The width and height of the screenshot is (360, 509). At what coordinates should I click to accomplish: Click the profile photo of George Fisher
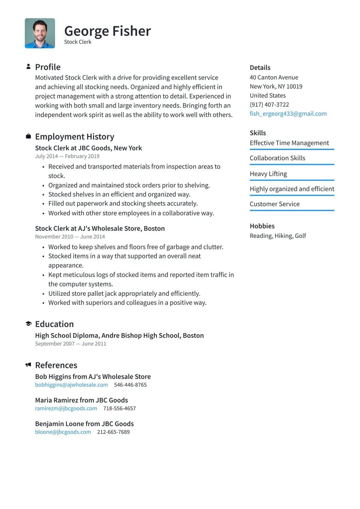[x=40, y=33]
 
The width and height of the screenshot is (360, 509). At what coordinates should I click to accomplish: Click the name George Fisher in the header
[x=107, y=31]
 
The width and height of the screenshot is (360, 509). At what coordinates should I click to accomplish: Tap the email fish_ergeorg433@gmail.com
[x=288, y=114]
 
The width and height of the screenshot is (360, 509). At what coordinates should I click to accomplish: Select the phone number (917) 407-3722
[x=269, y=105]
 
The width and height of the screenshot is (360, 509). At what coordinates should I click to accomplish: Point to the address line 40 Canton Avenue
[x=274, y=78]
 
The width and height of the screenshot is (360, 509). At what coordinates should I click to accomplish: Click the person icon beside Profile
[x=28, y=67]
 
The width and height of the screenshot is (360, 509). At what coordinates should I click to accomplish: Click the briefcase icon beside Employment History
[x=28, y=137]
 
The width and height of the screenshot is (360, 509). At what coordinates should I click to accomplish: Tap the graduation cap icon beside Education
[x=28, y=324]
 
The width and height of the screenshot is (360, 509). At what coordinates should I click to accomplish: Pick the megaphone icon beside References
[x=28, y=365]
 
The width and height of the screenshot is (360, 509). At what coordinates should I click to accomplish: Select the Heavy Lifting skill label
[x=268, y=174]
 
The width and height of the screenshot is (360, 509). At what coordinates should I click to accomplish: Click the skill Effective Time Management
[x=289, y=143]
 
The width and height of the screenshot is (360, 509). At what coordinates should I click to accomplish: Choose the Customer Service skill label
[x=274, y=204]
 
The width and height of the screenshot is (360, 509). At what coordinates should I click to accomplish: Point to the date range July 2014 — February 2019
[x=67, y=157]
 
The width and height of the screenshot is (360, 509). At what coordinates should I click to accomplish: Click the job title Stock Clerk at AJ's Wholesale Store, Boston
[x=100, y=229]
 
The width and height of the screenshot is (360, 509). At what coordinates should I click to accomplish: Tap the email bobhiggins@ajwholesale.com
[x=72, y=385]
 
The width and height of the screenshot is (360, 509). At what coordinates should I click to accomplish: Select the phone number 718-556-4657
[x=119, y=409]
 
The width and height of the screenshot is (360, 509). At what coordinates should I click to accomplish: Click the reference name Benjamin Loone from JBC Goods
[x=84, y=424]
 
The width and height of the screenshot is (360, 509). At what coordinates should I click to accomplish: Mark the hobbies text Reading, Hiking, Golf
[x=278, y=236]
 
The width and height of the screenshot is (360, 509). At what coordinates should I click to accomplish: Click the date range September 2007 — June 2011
[x=70, y=344]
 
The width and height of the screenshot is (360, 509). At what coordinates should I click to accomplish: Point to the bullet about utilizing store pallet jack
[x=124, y=294]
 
